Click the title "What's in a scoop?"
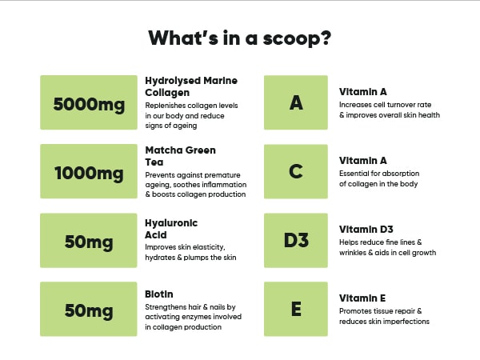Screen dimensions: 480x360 point(240,38)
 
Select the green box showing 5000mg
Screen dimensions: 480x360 point(89,102)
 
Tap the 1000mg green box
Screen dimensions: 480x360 point(89,171)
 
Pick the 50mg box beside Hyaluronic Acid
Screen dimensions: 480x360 point(89,240)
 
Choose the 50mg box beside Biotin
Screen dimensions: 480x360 point(89,309)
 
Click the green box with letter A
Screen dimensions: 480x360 point(296,102)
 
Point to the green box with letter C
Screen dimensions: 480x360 point(296,171)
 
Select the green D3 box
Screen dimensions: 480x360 point(296,240)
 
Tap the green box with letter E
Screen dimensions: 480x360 point(296,309)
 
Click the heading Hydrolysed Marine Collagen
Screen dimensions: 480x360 point(191,86)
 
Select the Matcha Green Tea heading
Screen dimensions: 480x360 point(180,156)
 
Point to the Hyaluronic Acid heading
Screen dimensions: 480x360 point(171,229)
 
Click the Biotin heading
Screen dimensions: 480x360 point(159,294)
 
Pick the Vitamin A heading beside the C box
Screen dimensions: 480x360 point(362,161)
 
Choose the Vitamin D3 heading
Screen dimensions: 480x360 point(366,230)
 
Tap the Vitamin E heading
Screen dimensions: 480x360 point(362,298)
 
